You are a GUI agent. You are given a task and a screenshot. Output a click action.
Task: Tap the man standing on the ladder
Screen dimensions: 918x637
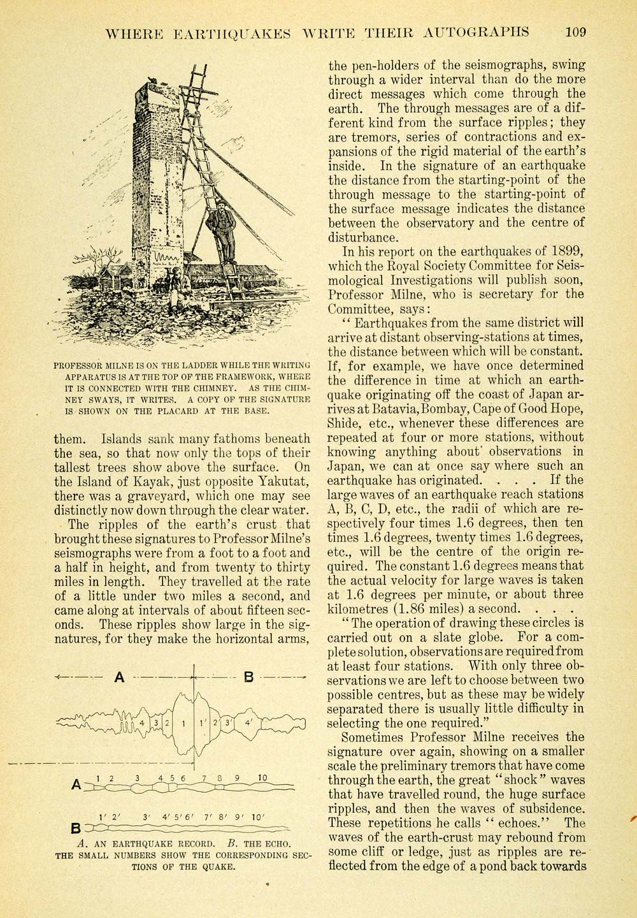(x=220, y=226)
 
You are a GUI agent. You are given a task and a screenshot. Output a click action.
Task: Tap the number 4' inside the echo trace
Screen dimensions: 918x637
(x=249, y=723)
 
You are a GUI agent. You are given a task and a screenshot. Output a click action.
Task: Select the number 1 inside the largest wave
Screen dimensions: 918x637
(x=183, y=723)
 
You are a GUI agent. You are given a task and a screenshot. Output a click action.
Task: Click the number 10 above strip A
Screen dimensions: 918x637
(x=262, y=777)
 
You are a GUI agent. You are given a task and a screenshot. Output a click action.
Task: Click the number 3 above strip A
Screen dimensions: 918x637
(x=137, y=777)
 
